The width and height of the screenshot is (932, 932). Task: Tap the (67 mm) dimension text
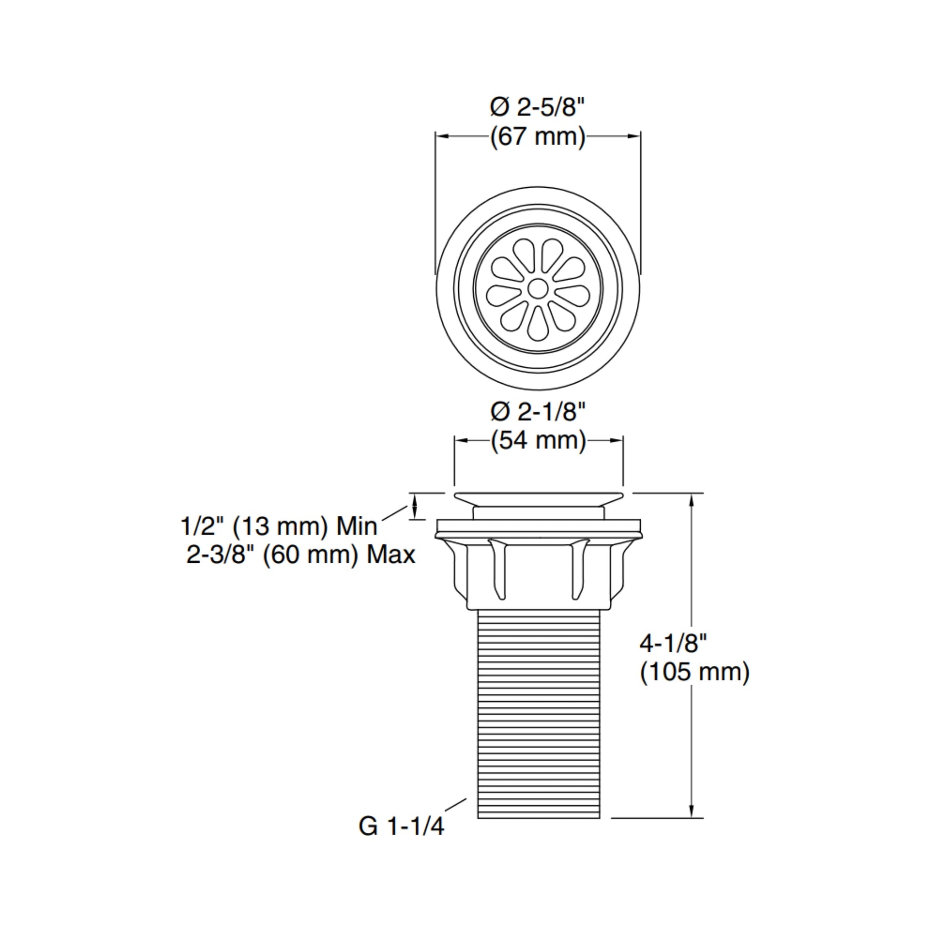click(538, 137)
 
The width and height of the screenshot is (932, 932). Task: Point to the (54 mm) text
click(538, 441)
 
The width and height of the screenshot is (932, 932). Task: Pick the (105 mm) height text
click(694, 672)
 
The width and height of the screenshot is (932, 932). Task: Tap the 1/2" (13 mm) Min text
click(279, 526)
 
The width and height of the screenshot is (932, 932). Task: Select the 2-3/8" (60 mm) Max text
click(301, 555)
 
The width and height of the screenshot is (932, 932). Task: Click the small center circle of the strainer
click(538, 288)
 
